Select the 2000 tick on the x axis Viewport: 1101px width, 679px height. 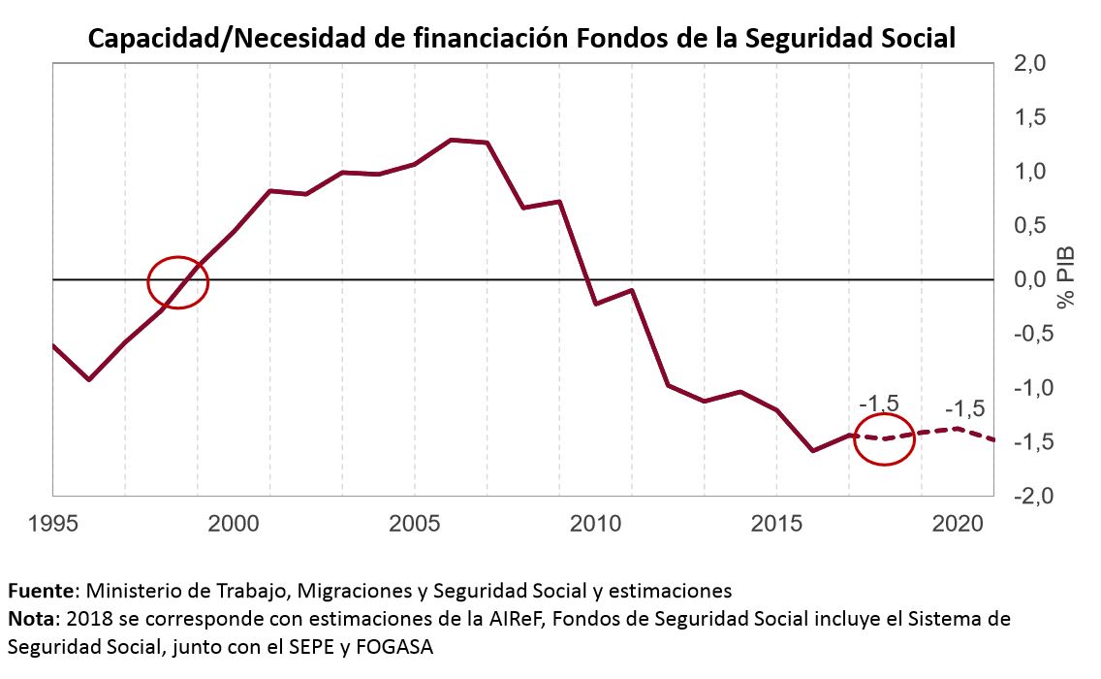click(x=233, y=524)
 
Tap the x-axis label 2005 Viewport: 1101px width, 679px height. click(x=414, y=524)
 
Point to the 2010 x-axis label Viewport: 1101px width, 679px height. click(x=595, y=524)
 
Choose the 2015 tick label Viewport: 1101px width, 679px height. click(x=776, y=524)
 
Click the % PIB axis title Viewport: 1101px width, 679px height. click(x=1067, y=278)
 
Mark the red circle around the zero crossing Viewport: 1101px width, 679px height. click(x=178, y=282)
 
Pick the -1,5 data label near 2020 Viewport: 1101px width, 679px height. click(x=964, y=408)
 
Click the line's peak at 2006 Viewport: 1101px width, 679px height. click(x=451, y=140)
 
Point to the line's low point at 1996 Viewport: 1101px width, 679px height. click(x=89, y=379)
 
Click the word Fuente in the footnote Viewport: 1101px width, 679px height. click(x=43, y=591)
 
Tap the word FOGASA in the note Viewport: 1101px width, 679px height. click(x=399, y=645)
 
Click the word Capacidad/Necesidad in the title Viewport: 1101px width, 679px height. click(x=231, y=38)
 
